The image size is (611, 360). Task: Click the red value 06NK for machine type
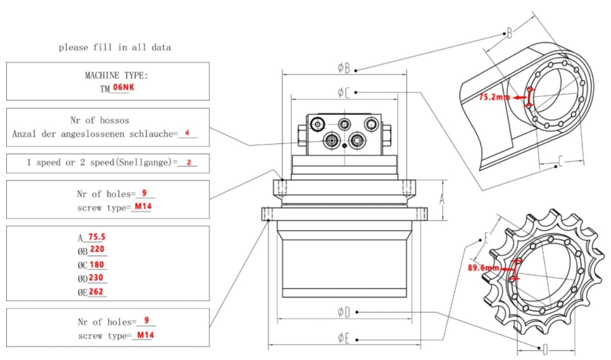[x=124, y=87]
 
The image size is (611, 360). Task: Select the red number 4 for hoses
[x=187, y=133]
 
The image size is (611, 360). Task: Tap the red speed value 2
[x=188, y=162]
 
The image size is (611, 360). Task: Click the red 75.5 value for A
[x=97, y=237]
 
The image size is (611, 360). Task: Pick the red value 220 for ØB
[x=97, y=250]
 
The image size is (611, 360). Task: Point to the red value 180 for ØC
[x=97, y=265]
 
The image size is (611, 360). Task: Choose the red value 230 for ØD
[x=97, y=278]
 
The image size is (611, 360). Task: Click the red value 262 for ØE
[x=97, y=292]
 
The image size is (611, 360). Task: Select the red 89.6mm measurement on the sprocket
[x=483, y=268]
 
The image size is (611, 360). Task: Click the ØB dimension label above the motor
[x=344, y=67]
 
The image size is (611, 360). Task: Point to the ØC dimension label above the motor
[x=344, y=92]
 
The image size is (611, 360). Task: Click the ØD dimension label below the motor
[x=344, y=312]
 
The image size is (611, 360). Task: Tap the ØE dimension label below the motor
[x=344, y=338]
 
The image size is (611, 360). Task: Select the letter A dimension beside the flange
[x=442, y=201]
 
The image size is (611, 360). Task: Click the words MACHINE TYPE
[x=116, y=76]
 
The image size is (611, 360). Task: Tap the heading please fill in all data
[x=115, y=47]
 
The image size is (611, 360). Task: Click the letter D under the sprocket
[x=545, y=350]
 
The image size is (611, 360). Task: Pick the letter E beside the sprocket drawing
[x=486, y=239]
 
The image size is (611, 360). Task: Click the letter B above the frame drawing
[x=509, y=34]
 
